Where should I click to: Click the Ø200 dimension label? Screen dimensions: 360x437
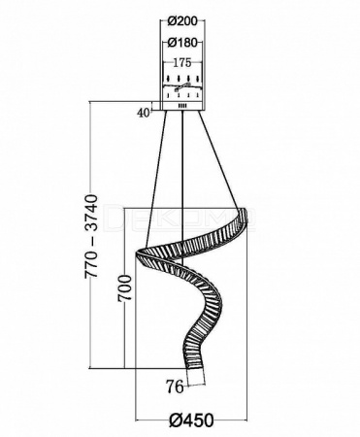tap(182, 21)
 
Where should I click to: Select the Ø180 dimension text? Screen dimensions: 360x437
tap(182, 42)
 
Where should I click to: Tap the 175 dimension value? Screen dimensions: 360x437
tap(182, 63)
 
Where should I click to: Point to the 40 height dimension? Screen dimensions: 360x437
tap(144, 113)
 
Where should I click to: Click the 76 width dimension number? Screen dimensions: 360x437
tap(175, 387)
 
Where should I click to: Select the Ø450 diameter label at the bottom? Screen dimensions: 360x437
tap(191, 420)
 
